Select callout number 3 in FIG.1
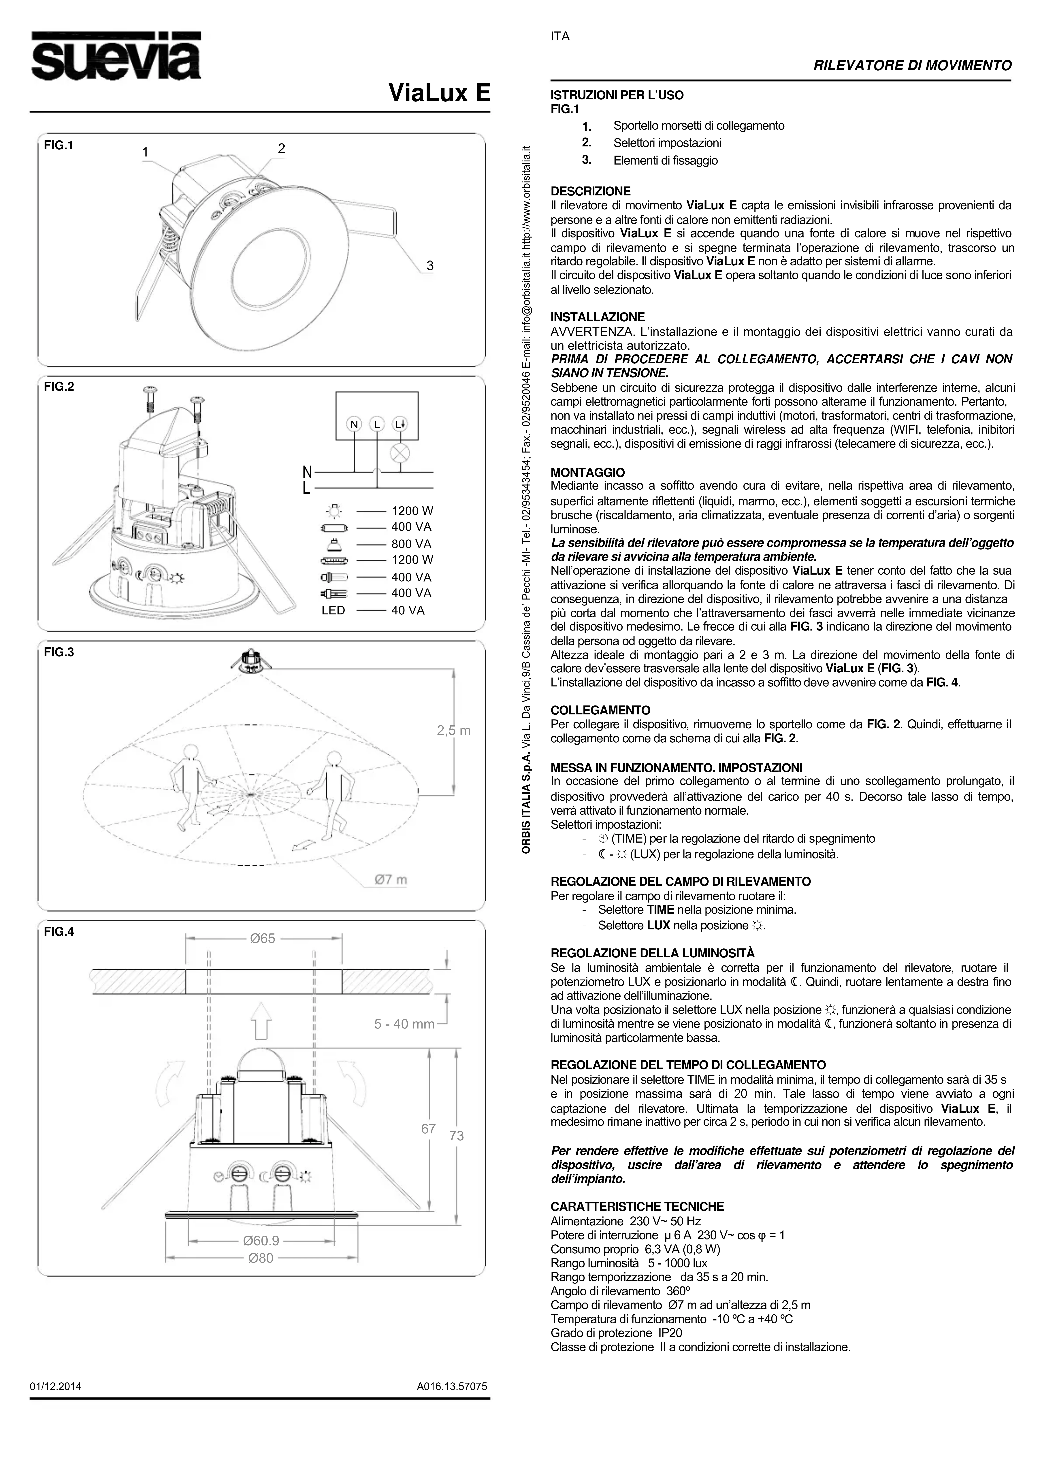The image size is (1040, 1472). click(430, 265)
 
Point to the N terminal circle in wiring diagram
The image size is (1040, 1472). click(354, 424)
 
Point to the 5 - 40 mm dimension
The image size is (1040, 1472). click(404, 1024)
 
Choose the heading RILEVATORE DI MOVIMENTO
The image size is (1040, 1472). click(912, 65)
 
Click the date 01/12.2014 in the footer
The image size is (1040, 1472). click(56, 1386)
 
